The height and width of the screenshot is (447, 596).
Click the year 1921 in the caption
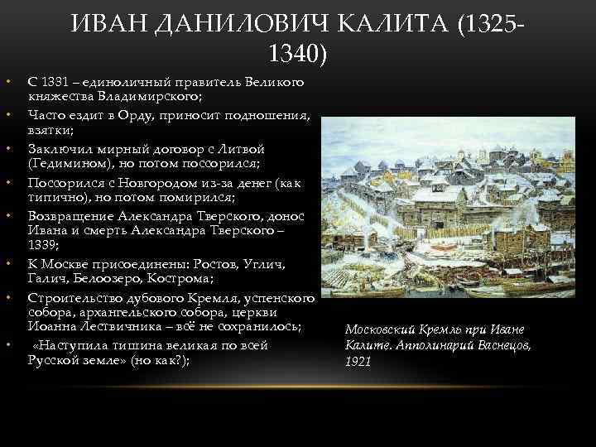357,362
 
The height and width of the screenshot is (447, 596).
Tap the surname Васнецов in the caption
502,344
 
